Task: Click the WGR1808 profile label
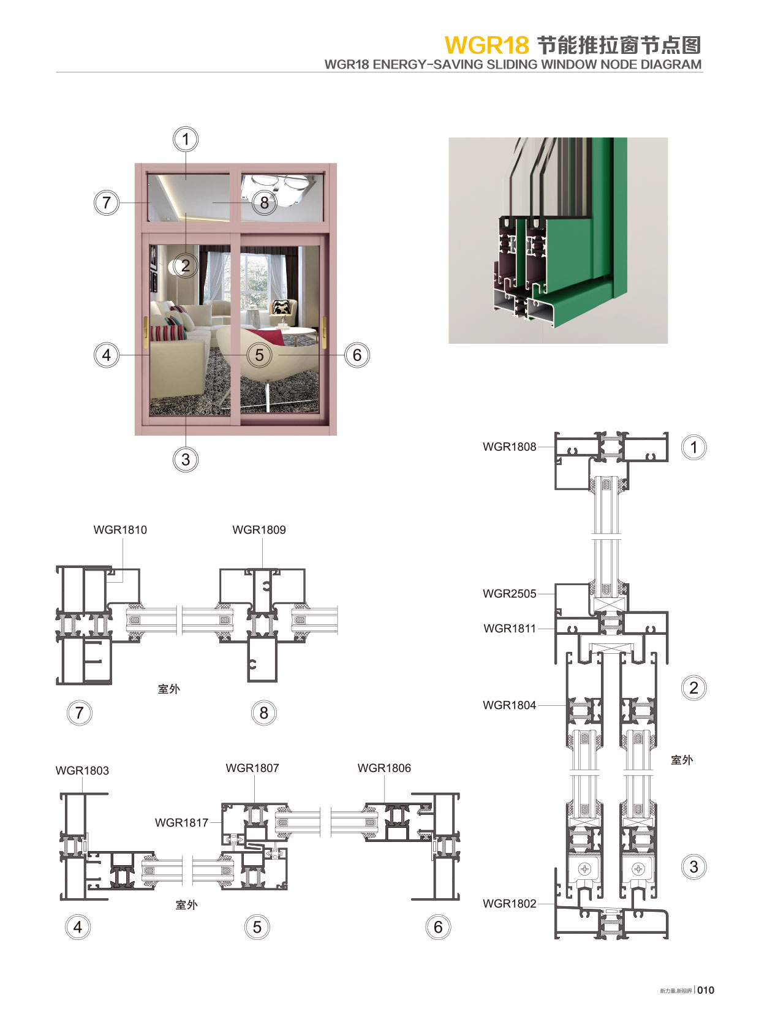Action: [x=509, y=447]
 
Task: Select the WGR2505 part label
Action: [x=509, y=593]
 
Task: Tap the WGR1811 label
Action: [x=509, y=628]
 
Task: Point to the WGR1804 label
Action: [x=509, y=705]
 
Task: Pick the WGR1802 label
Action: [x=509, y=903]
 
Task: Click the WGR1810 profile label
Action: [x=120, y=529]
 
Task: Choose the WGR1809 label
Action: [x=259, y=529]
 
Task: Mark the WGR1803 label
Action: [x=82, y=770]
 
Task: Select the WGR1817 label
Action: [x=181, y=822]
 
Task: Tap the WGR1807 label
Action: [x=252, y=768]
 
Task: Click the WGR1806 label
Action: [x=384, y=768]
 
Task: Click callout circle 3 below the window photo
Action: [x=186, y=460]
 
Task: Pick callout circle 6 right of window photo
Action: [x=357, y=355]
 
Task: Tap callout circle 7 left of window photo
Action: [x=107, y=202]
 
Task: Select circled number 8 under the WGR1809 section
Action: [x=264, y=713]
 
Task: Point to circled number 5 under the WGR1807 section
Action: [x=257, y=927]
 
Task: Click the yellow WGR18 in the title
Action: [x=486, y=45]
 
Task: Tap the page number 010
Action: [x=706, y=990]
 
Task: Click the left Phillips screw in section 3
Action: [x=585, y=869]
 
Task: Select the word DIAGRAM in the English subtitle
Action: [x=671, y=64]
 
